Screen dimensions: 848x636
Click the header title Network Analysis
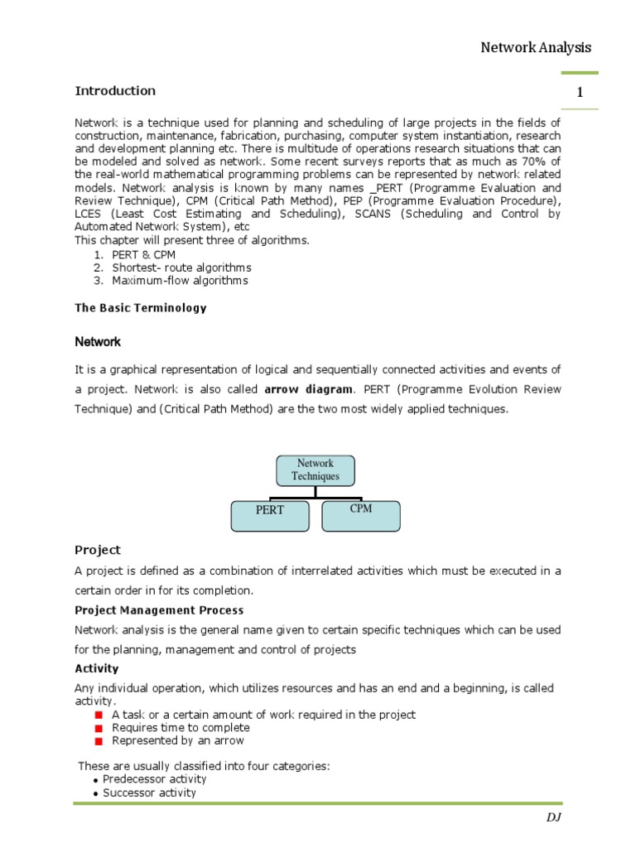pos(536,47)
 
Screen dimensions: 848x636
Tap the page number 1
pos(581,93)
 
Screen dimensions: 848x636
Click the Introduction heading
pos(115,91)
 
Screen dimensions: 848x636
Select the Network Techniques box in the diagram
pos(315,470)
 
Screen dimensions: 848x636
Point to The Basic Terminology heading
pos(141,308)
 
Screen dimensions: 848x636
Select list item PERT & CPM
pos(143,255)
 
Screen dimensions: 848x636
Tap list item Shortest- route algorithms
pos(181,267)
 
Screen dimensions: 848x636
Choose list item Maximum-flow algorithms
pos(180,281)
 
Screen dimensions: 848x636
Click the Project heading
pos(98,550)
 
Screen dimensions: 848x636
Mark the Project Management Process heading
pos(148,610)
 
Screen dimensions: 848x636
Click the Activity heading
pos(97,668)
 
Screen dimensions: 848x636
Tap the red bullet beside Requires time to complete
pos(98,728)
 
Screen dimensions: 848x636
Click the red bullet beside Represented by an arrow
pos(98,741)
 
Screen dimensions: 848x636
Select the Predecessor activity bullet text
pos(155,779)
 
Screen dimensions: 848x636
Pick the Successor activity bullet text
pos(149,793)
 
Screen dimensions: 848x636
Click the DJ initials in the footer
pos(553,817)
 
